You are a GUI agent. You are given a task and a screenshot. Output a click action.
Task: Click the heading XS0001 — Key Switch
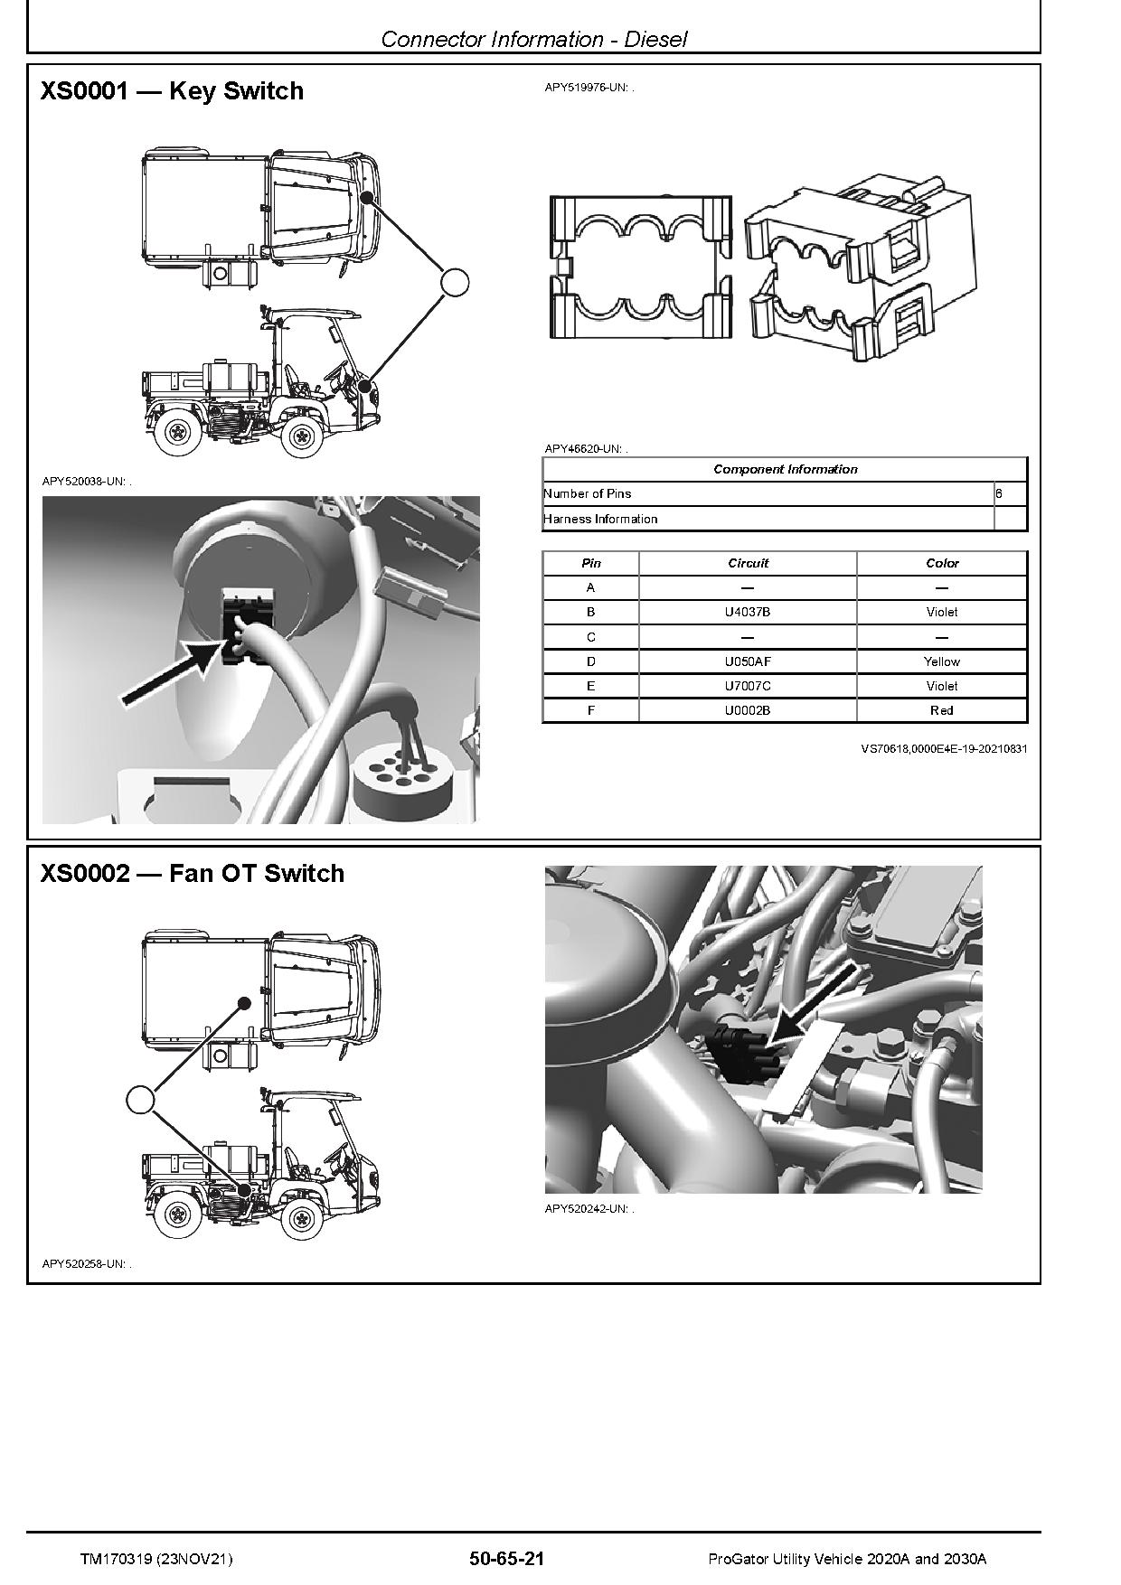(x=172, y=91)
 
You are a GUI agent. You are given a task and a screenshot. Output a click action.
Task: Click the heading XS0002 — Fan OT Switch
(x=192, y=874)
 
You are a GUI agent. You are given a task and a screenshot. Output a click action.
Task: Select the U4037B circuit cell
(x=747, y=612)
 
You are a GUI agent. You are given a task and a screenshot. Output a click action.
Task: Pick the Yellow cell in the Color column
(x=941, y=661)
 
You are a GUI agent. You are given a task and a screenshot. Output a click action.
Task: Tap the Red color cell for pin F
(x=941, y=710)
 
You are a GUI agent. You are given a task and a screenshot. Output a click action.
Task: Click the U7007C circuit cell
(x=747, y=686)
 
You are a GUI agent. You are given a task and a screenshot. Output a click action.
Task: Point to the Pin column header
(x=590, y=563)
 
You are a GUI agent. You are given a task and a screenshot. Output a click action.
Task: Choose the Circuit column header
(x=747, y=563)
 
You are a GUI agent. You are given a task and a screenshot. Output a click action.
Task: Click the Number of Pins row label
(x=588, y=493)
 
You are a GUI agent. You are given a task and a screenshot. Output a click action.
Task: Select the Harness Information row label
(x=600, y=519)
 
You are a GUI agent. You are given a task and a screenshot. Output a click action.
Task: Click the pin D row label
(x=590, y=661)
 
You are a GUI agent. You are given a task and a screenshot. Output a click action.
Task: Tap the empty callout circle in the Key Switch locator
(x=455, y=282)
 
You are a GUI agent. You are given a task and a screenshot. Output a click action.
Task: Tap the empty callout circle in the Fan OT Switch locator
(x=139, y=1100)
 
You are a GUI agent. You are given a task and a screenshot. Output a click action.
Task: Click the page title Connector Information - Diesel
(x=533, y=39)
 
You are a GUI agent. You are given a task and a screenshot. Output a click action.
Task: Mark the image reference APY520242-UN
(x=589, y=1208)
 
